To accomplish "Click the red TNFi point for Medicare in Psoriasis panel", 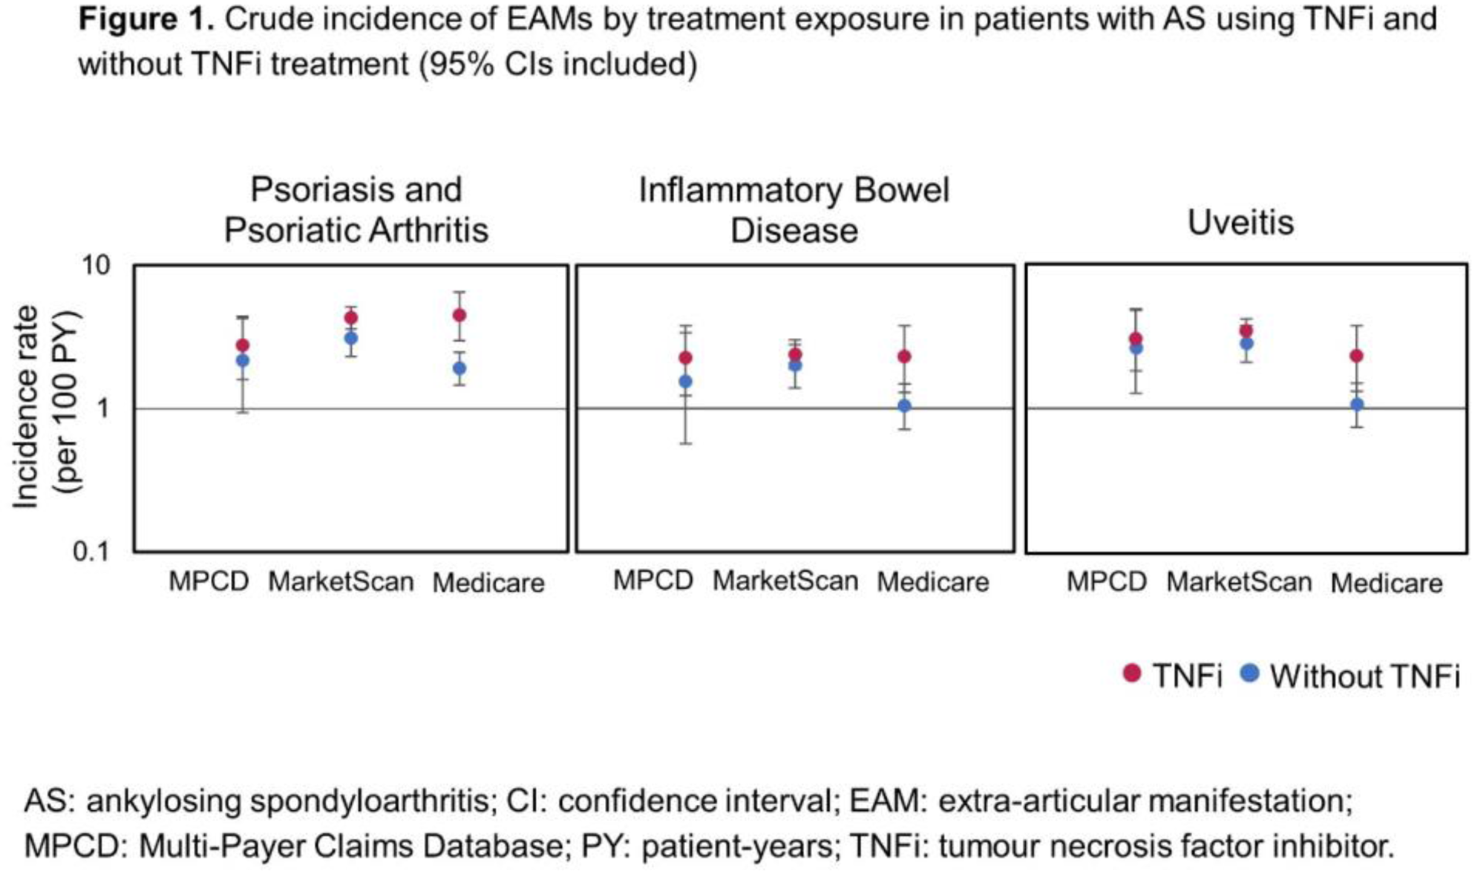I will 459,315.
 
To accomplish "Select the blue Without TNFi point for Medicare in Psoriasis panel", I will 459,368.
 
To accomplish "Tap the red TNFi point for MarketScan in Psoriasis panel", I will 351,318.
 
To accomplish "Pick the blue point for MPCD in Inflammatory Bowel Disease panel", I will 686,382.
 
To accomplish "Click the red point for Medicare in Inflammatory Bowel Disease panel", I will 904,356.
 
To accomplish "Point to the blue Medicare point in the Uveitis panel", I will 1356,405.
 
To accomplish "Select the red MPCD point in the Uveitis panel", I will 1136,339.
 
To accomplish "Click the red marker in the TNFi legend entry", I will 1132,673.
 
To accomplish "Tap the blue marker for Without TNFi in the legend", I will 1250,673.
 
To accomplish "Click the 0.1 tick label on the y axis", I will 91,552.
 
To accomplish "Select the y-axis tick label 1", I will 103,408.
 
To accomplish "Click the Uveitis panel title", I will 1240,223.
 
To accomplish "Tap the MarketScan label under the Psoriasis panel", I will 341,581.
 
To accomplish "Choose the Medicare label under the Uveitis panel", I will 1386,583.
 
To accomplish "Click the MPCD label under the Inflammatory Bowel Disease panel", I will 653,580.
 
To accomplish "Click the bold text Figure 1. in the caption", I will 146,19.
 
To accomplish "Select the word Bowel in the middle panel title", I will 901,190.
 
